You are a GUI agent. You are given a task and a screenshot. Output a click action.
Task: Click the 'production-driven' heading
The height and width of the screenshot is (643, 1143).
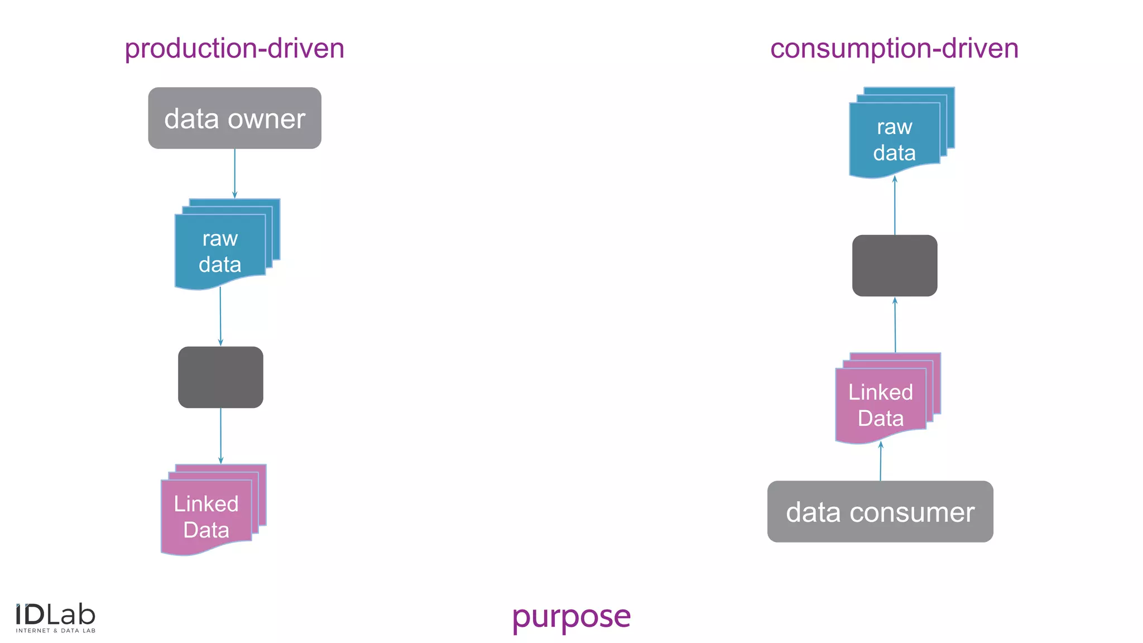tap(234, 49)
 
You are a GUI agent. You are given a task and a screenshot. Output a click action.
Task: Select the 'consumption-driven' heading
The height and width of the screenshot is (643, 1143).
tap(894, 49)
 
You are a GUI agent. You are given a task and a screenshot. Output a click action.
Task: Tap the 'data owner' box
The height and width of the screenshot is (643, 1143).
tap(234, 118)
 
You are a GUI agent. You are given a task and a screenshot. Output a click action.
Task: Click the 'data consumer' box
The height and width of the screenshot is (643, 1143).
tap(880, 511)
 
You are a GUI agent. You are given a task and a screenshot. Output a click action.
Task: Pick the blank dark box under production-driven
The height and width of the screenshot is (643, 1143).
tap(220, 377)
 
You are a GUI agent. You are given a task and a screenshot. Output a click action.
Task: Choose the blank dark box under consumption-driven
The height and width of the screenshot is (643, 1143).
tap(895, 266)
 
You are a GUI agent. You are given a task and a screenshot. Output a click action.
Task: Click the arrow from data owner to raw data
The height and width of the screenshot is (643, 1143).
tap(234, 173)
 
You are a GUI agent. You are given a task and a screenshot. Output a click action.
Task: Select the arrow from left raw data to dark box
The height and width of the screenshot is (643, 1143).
tap(220, 316)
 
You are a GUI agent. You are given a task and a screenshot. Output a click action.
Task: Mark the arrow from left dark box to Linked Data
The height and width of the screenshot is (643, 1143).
tap(220, 435)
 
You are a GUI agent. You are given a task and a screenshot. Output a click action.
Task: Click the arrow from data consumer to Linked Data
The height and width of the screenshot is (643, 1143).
tap(881, 462)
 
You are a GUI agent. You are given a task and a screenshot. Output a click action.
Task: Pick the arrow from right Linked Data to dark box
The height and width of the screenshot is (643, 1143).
tap(895, 325)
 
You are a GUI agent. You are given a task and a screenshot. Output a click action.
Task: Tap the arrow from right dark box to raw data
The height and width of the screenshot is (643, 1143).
tap(895, 205)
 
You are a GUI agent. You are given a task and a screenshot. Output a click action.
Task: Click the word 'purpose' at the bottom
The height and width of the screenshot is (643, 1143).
tap(571, 617)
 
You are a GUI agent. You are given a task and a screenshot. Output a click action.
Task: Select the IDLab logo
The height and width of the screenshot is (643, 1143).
tap(55, 615)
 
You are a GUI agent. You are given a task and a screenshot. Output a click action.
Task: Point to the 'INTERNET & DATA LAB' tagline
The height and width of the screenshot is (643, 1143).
tap(56, 631)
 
